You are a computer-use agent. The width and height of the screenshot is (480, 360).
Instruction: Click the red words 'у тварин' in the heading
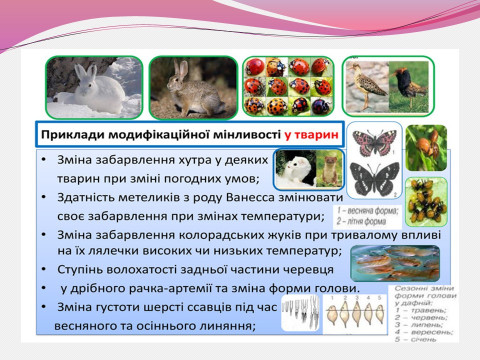pyautogui.click(x=306, y=133)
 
